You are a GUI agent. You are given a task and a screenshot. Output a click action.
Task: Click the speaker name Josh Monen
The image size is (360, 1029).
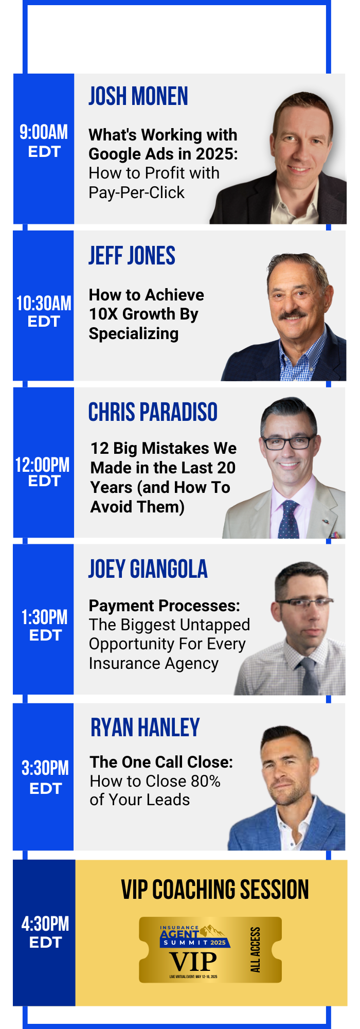tap(138, 96)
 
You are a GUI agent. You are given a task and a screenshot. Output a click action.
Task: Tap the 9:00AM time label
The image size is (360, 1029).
tap(44, 132)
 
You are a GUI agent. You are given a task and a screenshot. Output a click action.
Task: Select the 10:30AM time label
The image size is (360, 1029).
tap(44, 303)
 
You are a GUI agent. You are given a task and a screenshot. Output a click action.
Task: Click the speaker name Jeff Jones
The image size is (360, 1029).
tap(132, 256)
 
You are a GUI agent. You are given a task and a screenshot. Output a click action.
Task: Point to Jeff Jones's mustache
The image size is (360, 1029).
tap(293, 313)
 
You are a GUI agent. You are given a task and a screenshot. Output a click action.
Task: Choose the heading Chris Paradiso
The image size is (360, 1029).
tap(153, 412)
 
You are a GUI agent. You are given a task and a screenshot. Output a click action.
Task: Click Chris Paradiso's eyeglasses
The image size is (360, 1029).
tap(287, 441)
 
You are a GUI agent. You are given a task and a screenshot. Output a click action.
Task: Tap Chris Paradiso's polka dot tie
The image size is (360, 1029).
tap(289, 520)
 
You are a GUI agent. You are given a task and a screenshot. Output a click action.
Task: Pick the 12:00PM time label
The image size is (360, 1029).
tap(42, 465)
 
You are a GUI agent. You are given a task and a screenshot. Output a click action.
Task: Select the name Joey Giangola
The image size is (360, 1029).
tap(148, 569)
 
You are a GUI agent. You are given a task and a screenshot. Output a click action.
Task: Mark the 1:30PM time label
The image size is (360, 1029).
tap(44, 617)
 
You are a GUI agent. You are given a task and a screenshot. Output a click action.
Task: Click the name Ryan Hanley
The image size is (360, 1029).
tap(145, 728)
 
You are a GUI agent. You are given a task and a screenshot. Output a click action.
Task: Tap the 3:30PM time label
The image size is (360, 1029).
tap(45, 768)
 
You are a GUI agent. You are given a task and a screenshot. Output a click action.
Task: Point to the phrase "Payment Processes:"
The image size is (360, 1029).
tap(165, 606)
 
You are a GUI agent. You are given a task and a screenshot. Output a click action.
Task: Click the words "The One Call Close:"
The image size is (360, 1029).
tap(161, 762)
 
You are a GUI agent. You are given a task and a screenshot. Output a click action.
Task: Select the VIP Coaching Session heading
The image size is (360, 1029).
tap(215, 890)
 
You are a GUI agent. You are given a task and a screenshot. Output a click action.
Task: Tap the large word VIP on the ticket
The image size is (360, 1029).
tap(193, 962)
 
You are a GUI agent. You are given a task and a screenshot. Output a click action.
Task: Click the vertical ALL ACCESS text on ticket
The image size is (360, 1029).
tap(255, 950)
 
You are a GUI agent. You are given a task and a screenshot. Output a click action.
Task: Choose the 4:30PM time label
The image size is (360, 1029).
tap(45, 924)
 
